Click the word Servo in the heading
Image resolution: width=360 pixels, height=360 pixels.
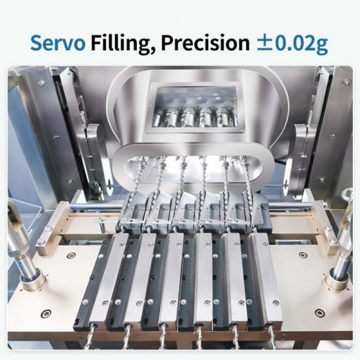pos(58,43)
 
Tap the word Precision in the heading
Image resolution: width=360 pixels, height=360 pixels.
pos(205,43)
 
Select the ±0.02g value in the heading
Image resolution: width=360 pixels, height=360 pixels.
pos(292,44)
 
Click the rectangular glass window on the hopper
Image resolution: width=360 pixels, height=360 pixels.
pos(194,109)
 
